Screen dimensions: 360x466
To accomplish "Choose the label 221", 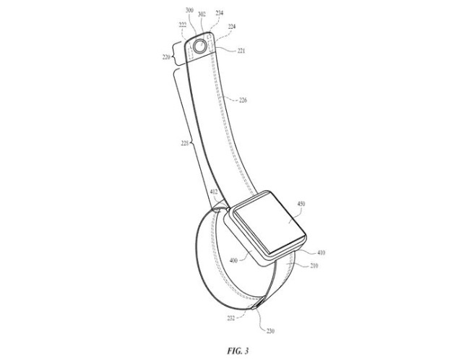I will coord(239,51).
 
